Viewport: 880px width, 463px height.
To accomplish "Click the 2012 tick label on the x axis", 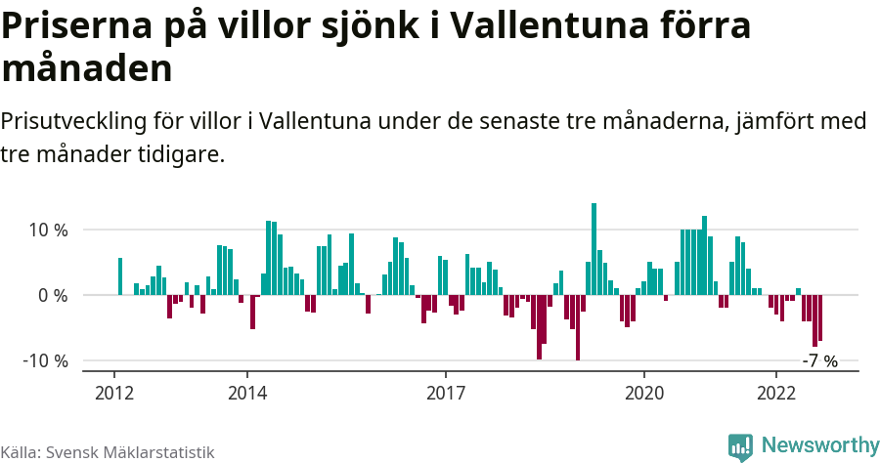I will tap(114, 393).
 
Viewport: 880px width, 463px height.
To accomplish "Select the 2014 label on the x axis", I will tap(247, 393).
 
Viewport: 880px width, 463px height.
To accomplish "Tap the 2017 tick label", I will tap(446, 393).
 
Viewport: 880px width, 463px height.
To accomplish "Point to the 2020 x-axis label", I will tap(644, 393).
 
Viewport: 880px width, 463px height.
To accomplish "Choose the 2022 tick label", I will tap(776, 393).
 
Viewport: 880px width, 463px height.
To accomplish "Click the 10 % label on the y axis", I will tap(47, 231).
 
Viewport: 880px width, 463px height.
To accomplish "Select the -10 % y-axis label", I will tap(44, 360).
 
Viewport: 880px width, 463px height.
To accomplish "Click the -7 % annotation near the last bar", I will tap(819, 361).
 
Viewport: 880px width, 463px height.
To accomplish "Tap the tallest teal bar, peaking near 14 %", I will tap(594, 249).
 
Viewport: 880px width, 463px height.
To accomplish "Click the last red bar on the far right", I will tap(820, 317).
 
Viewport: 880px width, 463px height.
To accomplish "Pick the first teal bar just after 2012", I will tap(120, 276).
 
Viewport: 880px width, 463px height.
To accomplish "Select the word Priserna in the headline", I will tap(73, 26).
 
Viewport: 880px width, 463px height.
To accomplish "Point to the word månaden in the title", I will tap(87, 69).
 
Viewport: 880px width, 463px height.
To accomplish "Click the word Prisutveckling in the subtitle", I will tap(73, 122).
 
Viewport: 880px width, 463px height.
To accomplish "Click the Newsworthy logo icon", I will tap(740, 446).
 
